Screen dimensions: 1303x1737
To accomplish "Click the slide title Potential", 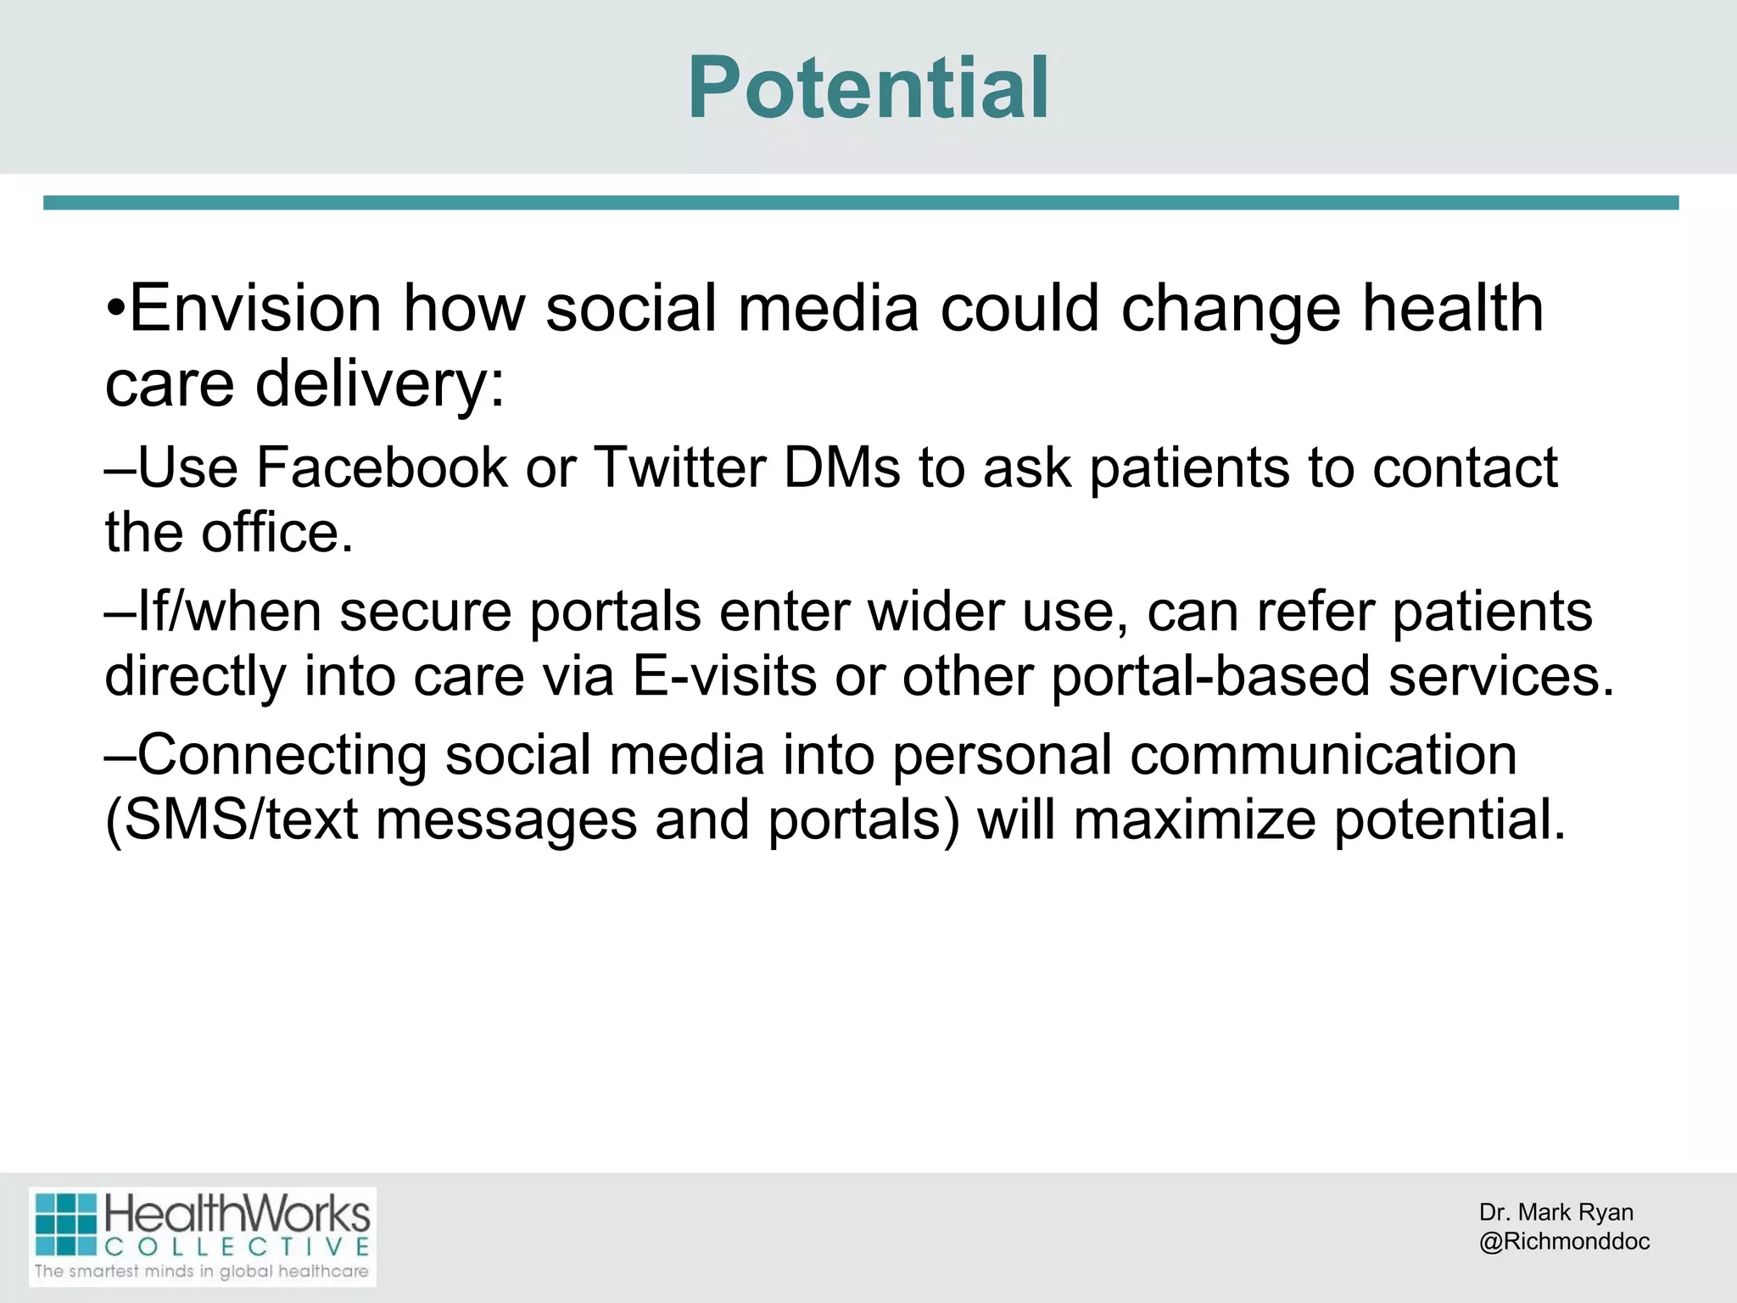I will pos(868,88).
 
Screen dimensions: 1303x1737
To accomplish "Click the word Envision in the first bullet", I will pos(254,309).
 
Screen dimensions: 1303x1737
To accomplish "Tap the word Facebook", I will pos(381,467).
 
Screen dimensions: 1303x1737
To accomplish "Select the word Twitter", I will pos(679,467).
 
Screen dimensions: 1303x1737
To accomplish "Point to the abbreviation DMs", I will pos(841,467).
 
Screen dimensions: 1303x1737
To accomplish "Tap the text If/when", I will pos(229,612).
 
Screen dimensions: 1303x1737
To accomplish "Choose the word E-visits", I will pos(724,677).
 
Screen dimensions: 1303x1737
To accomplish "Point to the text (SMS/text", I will pos(231,820).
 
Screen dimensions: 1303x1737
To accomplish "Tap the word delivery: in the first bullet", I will pos(379,383).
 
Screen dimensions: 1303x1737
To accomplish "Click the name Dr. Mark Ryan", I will pos(1555,1212).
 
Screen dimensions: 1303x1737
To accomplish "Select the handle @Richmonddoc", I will pos(1564,1241).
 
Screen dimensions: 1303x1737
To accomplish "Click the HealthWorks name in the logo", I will pos(237,1215).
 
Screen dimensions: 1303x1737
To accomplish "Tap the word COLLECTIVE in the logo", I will pos(237,1246).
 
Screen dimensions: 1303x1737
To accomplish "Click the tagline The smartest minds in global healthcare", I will pos(202,1271).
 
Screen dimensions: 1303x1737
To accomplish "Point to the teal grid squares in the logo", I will pos(66,1224).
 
